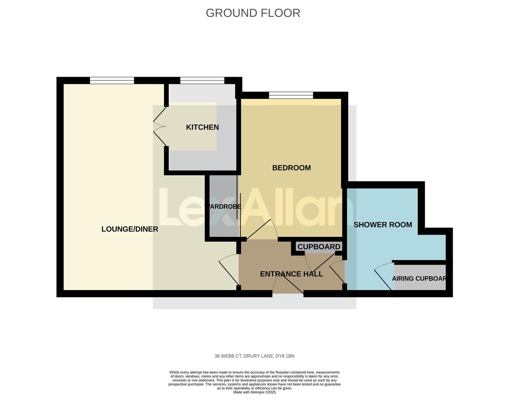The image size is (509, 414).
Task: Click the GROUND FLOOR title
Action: (253, 13)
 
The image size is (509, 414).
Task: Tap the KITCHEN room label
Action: (202, 127)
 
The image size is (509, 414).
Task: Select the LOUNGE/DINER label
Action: (129, 229)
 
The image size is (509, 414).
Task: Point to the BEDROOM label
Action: (291, 168)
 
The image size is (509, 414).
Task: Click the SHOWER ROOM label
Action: (383, 225)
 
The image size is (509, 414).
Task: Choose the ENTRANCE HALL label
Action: (291, 274)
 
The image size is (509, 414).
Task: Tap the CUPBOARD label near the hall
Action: (319, 247)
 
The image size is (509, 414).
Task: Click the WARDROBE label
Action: (223, 207)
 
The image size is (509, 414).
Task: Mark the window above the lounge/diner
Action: (112, 80)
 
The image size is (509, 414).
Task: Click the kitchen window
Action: (202, 80)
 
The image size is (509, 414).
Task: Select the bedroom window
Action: (291, 95)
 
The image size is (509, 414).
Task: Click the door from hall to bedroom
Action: (262, 230)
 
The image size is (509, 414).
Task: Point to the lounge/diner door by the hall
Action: (228, 272)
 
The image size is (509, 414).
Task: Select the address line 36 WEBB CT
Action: (228, 356)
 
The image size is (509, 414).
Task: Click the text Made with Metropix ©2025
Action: (254, 392)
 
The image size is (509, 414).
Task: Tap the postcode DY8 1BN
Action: (285, 356)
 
